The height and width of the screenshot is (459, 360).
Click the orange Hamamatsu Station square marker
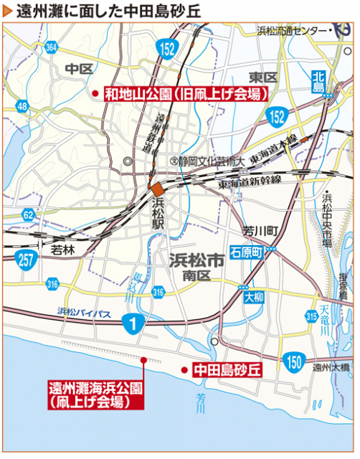156,188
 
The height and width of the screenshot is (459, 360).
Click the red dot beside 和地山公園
95,94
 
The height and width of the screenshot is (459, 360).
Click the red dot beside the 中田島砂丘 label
185,370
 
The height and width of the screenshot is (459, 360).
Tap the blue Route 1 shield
131,323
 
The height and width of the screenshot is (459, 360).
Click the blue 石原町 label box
247,252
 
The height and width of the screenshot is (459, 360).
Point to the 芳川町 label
260,231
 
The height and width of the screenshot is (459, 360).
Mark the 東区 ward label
262,77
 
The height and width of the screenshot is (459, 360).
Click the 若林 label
63,250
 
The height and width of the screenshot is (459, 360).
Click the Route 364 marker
51,48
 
